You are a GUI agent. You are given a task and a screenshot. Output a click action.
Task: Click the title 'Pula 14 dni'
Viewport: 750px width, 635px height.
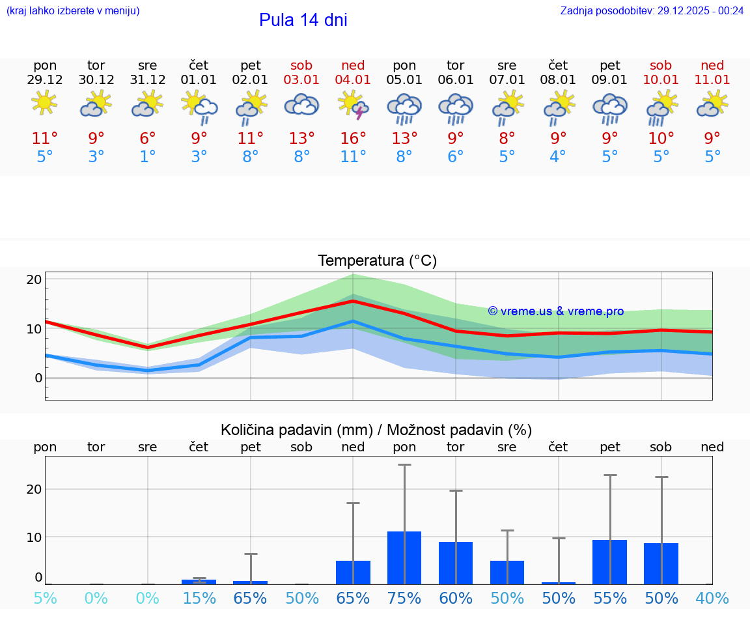coord(303,20)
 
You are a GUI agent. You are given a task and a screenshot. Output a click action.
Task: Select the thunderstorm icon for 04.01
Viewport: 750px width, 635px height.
coord(353,105)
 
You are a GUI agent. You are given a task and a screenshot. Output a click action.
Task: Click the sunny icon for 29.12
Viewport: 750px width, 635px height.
coord(44,103)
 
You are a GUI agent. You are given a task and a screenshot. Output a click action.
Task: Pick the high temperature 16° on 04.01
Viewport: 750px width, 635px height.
coord(353,138)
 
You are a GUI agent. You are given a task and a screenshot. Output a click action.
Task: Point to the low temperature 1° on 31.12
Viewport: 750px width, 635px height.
coord(148,157)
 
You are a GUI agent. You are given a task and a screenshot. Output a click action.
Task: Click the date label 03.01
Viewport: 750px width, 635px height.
coord(301,79)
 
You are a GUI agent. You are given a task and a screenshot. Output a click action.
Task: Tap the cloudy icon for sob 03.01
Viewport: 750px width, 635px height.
coord(301,105)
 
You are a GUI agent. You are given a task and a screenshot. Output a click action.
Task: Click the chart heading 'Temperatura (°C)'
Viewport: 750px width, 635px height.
coord(377,261)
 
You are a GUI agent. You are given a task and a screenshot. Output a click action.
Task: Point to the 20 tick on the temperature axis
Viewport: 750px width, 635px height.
coord(34,279)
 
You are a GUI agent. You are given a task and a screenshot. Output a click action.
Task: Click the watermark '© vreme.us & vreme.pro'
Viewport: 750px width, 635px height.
coord(555,311)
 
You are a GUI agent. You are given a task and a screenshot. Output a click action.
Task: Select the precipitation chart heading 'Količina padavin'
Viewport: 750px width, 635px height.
coord(376,430)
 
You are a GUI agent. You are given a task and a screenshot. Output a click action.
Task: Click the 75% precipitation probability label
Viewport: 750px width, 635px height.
coord(404,598)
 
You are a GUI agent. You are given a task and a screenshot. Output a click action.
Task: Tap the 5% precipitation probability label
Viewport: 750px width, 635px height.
coord(45,598)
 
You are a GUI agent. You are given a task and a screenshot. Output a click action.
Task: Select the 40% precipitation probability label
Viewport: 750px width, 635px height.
coord(712,598)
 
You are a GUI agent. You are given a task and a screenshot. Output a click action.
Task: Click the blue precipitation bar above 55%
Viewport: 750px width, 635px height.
coord(609,561)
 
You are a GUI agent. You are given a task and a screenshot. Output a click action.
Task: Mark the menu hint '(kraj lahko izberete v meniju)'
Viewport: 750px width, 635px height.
coord(73,10)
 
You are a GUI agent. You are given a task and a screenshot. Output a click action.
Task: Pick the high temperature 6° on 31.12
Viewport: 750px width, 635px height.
coord(148,138)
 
